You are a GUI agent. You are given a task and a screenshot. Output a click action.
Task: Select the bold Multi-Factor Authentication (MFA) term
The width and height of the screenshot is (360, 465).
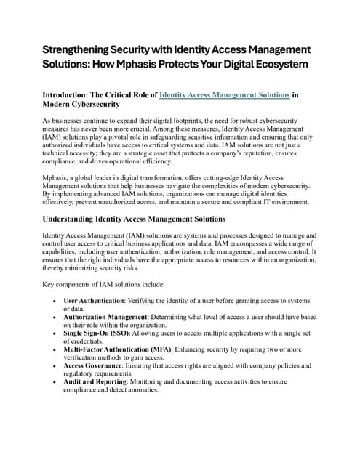pyautogui.click(x=121, y=349)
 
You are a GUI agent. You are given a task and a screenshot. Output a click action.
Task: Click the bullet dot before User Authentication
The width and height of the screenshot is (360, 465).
pyautogui.click(x=55, y=301)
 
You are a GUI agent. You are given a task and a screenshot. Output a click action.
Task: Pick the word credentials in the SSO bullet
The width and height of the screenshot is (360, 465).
pyautogui.click(x=82, y=341)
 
